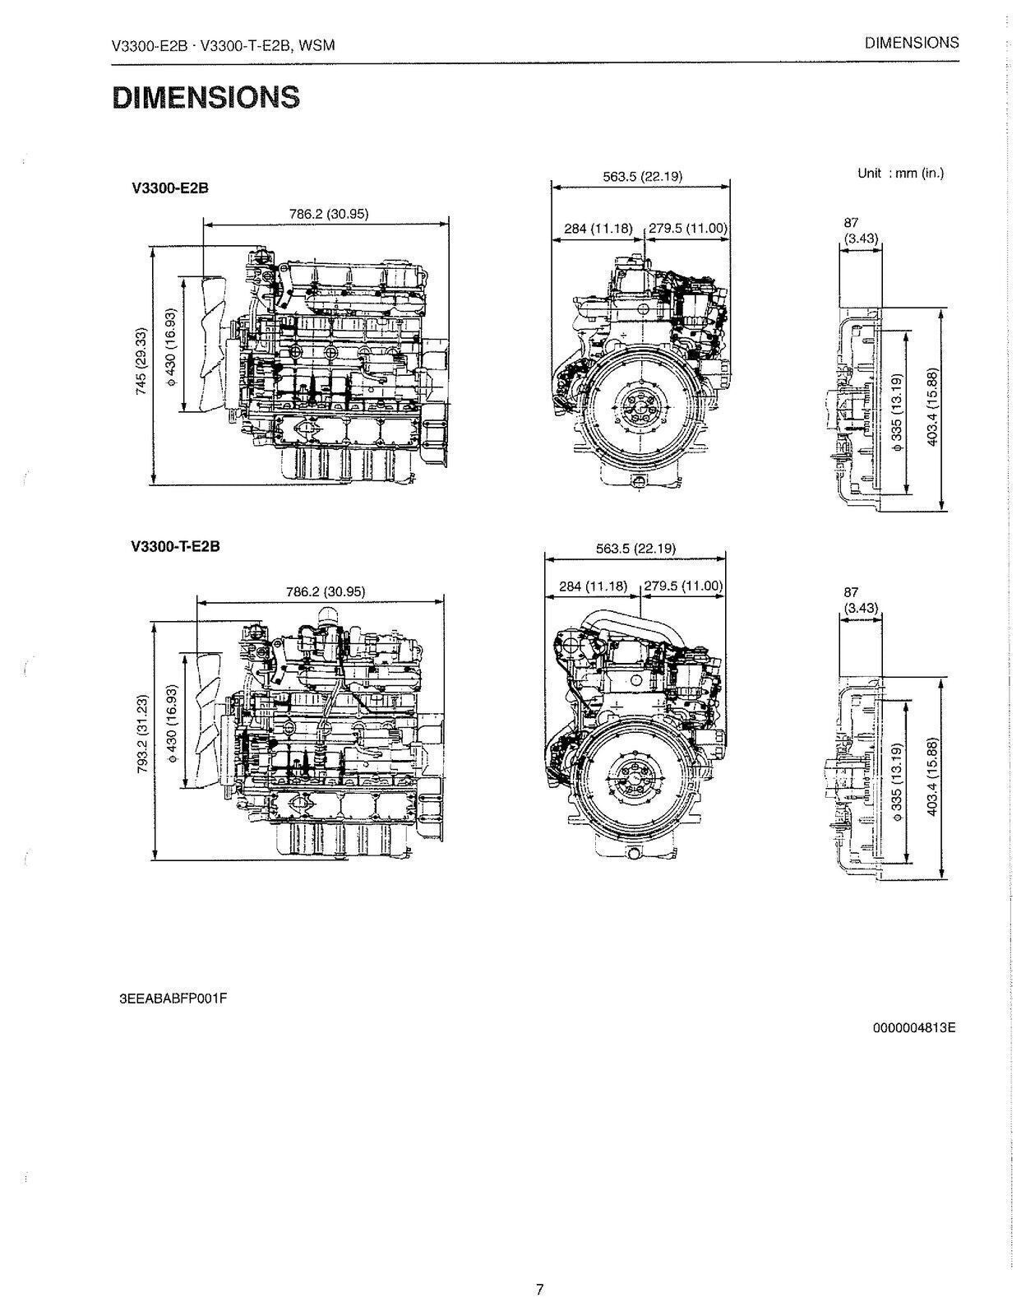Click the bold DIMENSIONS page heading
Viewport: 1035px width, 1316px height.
pyautogui.click(x=206, y=97)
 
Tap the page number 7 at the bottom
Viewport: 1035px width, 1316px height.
pyautogui.click(x=539, y=1289)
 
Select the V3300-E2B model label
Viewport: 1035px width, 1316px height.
pyautogui.click(x=169, y=188)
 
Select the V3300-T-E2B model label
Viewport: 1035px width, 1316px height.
pyautogui.click(x=175, y=546)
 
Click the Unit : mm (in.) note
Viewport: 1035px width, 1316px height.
pyautogui.click(x=900, y=174)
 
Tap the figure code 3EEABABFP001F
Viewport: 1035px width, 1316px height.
pyautogui.click(x=173, y=999)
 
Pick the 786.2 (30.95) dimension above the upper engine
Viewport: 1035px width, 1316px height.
pyautogui.click(x=328, y=214)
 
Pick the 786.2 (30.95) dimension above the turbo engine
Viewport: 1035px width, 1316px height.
pyautogui.click(x=325, y=591)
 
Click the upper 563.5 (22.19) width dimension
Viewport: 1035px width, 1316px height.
pyautogui.click(x=642, y=176)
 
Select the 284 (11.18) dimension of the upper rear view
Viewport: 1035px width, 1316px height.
pyautogui.click(x=597, y=229)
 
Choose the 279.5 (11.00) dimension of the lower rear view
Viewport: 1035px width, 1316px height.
pyautogui.click(x=682, y=586)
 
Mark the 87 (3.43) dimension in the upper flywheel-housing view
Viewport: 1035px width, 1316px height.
pyautogui.click(x=860, y=231)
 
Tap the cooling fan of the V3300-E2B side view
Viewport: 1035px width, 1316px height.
pyautogui.click(x=203, y=344)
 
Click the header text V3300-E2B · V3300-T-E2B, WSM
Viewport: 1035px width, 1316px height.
pyautogui.click(x=223, y=45)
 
